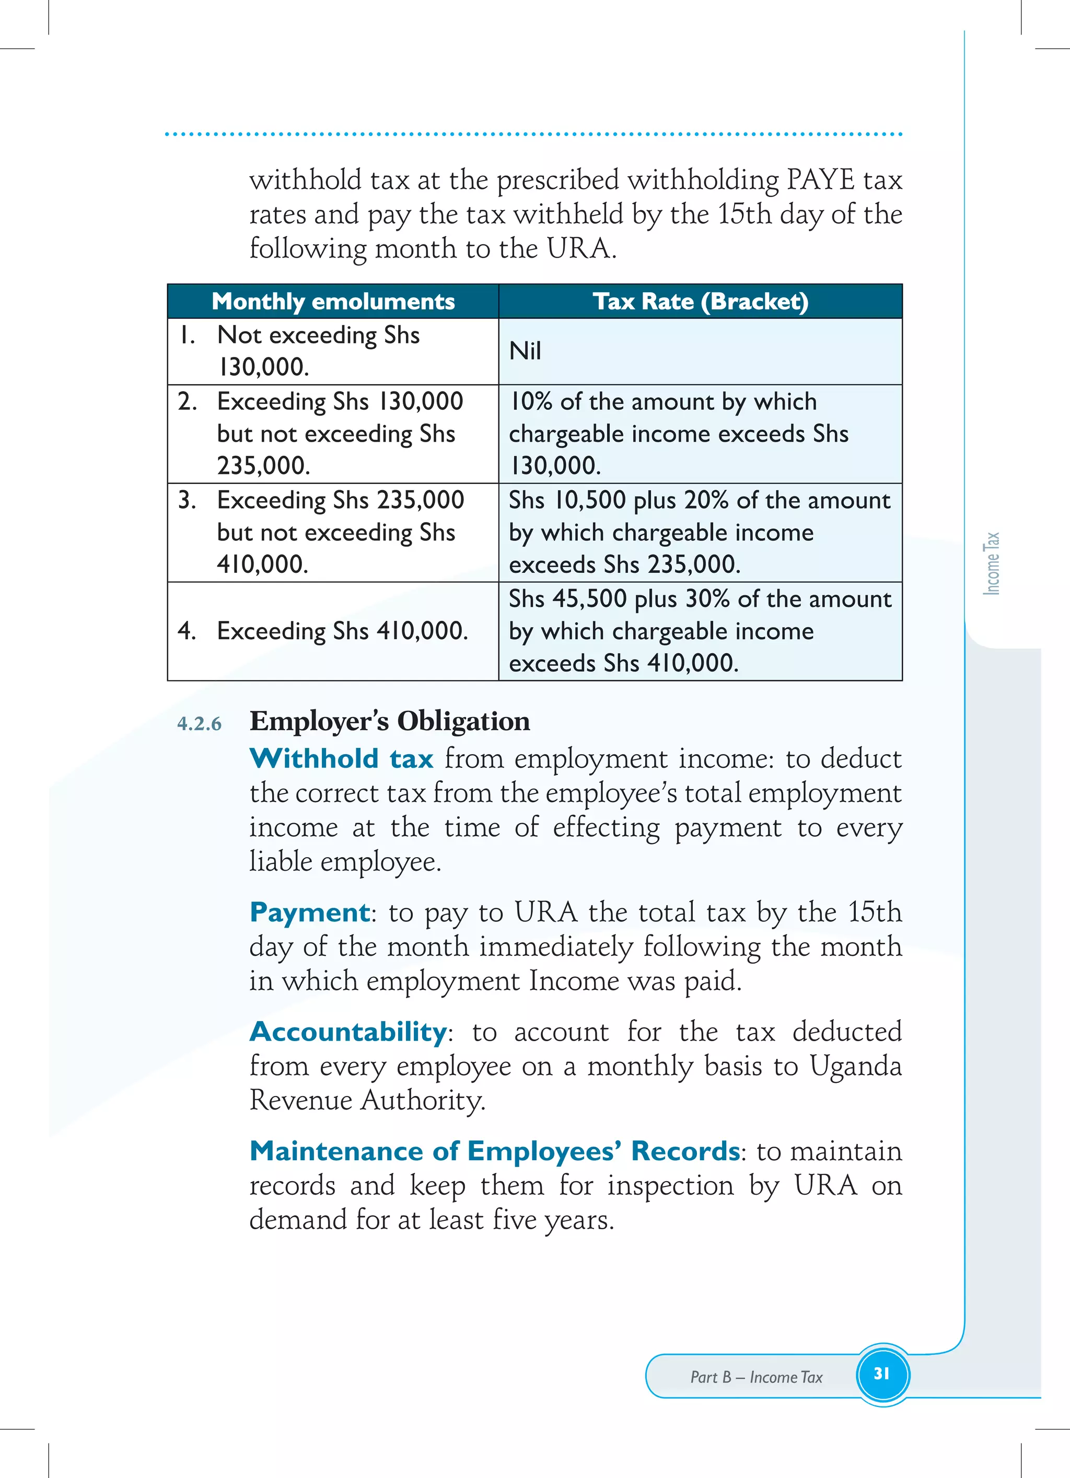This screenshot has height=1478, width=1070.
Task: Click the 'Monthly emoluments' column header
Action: pyautogui.click(x=333, y=302)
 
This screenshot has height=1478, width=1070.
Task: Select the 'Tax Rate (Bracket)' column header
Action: pyautogui.click(x=701, y=302)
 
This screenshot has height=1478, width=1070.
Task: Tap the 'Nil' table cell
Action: pyautogui.click(x=525, y=351)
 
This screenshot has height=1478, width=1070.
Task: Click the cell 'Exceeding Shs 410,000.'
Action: pyautogui.click(x=342, y=631)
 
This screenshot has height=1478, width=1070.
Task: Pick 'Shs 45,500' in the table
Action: pyautogui.click(x=567, y=599)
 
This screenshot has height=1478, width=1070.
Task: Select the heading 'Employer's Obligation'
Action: pyautogui.click(x=390, y=721)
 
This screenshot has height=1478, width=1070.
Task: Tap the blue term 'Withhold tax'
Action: pyautogui.click(x=342, y=758)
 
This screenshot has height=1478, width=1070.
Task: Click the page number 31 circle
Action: pyautogui.click(x=882, y=1373)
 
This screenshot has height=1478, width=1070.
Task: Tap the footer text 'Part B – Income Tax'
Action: pyautogui.click(x=756, y=1377)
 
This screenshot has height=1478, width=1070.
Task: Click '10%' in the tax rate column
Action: pyautogui.click(x=530, y=401)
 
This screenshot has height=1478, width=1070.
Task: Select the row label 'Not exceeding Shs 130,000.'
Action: pyautogui.click(x=318, y=351)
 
